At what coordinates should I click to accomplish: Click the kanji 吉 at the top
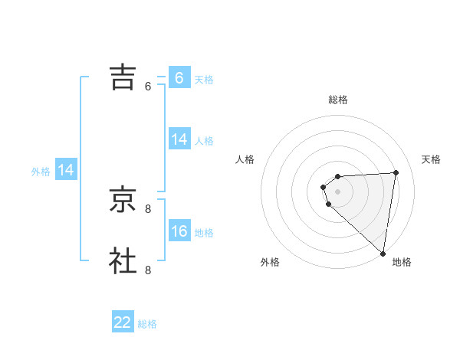(x=123, y=77)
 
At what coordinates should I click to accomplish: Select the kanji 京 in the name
(x=123, y=198)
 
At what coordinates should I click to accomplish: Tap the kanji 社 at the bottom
(x=123, y=260)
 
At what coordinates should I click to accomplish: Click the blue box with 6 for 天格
(x=179, y=78)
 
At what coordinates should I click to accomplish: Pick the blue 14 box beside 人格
(x=179, y=139)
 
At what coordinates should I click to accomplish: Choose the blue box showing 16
(x=179, y=231)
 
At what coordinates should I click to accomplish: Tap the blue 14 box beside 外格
(x=66, y=170)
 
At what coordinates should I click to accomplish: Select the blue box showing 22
(x=123, y=322)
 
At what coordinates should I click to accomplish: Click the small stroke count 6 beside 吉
(x=148, y=87)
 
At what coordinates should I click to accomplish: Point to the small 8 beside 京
(x=148, y=208)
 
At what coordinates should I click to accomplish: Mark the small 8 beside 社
(x=148, y=270)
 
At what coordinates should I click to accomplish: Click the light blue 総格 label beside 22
(x=147, y=324)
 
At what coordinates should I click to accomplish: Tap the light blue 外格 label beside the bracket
(x=41, y=172)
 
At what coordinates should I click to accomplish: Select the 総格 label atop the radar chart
(x=338, y=100)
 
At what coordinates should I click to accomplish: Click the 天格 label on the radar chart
(x=432, y=159)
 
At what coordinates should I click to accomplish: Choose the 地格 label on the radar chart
(x=402, y=262)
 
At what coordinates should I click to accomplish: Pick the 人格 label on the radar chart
(x=245, y=159)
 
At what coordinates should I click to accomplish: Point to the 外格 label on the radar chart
(x=270, y=262)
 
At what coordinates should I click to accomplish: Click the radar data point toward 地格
(x=383, y=254)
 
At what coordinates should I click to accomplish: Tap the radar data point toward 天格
(x=396, y=172)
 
